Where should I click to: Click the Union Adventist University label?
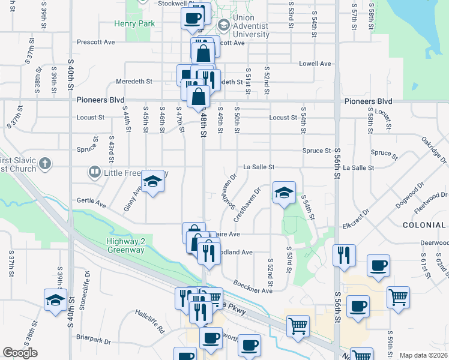[252, 26]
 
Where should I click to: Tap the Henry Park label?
[135, 24]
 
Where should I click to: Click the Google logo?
[20, 353]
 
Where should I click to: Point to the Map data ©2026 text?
[423, 355]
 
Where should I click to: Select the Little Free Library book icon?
[94, 173]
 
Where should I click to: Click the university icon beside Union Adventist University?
[223, 26]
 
